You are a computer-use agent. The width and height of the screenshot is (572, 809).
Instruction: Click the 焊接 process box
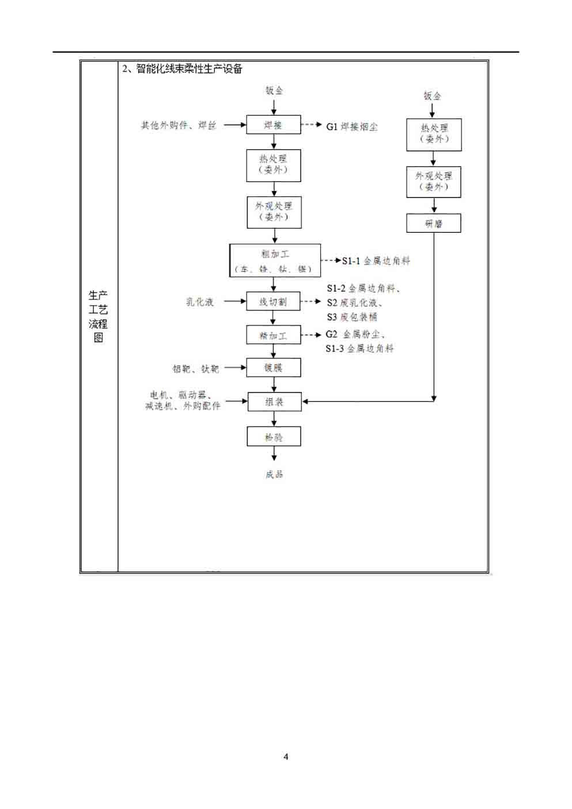273,125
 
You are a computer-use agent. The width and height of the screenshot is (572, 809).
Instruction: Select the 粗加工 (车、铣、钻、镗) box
275,260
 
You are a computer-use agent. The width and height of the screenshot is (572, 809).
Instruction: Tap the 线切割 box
273,301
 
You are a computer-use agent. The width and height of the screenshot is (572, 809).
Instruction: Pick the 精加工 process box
273,335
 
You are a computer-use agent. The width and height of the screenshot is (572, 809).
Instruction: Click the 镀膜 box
273,368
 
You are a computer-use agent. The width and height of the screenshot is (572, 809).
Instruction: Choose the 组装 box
274,402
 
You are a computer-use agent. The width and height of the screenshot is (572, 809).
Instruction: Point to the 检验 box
274,437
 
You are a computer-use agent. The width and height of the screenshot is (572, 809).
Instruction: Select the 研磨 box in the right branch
433,224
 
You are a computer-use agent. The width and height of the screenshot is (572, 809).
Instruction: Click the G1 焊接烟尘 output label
351,127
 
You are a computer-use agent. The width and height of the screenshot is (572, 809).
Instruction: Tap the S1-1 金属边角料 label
376,261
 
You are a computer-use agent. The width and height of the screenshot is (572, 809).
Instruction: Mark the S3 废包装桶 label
352,317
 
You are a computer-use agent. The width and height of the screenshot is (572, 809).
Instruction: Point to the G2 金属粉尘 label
355,334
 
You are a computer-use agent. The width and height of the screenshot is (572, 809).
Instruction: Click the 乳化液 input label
199,302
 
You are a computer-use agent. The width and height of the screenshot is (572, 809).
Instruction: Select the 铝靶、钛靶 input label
195,369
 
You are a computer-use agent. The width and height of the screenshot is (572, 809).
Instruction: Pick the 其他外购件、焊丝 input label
179,125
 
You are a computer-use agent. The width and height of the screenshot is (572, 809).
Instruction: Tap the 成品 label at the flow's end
274,474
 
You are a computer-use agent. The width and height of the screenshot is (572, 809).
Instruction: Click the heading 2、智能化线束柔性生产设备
182,69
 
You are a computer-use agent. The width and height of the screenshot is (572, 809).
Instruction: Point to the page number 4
286,757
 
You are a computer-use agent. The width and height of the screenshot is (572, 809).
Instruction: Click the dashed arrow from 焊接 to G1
311,124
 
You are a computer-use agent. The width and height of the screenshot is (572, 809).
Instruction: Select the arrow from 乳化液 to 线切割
234,301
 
